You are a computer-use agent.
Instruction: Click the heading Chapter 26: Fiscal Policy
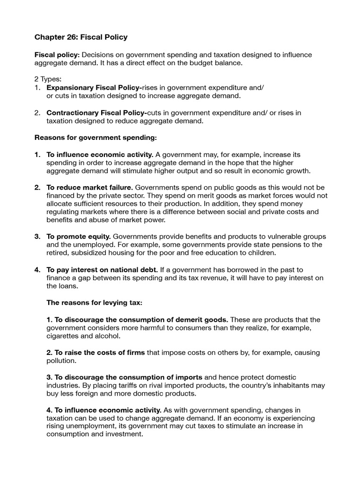coord(81,37)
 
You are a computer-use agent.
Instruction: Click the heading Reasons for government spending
coord(95,138)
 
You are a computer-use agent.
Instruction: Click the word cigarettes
coord(63,336)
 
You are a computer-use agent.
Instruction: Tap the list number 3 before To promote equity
coord(37,236)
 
